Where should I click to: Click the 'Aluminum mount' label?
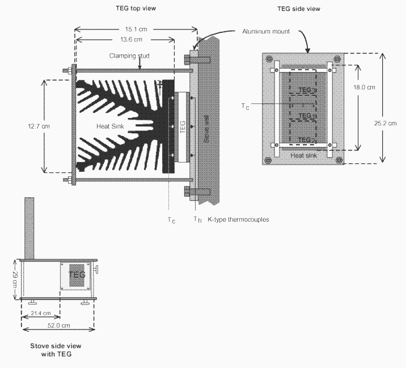coord(265,32)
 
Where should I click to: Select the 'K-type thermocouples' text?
coord(238,219)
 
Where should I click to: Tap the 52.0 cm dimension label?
coord(58,325)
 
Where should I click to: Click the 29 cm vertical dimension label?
coord(15,280)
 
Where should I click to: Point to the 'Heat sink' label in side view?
coord(302,154)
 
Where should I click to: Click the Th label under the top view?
coord(196,219)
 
